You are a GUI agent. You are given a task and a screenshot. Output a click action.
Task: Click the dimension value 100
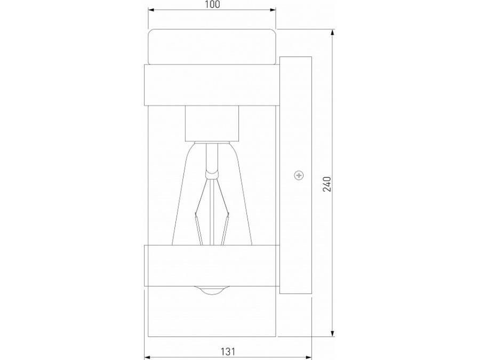(x=212, y=5)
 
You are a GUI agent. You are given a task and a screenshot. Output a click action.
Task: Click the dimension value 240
(x=327, y=184)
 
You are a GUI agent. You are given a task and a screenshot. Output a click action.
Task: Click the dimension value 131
(x=228, y=351)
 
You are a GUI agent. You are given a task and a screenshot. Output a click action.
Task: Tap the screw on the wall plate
(x=299, y=175)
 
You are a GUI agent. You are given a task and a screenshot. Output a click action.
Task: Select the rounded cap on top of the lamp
(x=212, y=46)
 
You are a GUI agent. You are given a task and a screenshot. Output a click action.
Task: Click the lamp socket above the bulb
(x=212, y=123)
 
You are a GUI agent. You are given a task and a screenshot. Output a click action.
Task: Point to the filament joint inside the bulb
(x=212, y=175)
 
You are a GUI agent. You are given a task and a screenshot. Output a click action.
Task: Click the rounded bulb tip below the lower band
(x=212, y=291)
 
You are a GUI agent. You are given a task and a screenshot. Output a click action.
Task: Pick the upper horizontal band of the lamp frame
(x=212, y=85)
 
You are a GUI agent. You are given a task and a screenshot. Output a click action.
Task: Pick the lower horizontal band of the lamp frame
(x=212, y=266)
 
